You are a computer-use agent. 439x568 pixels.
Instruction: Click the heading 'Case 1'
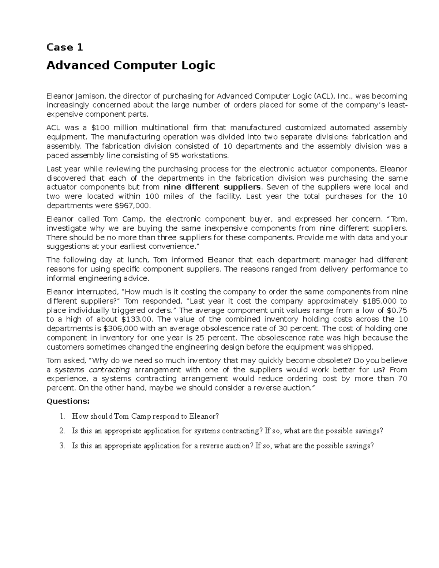65,47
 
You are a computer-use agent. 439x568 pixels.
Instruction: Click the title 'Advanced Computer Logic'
131,65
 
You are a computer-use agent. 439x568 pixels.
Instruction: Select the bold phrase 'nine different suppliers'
212,187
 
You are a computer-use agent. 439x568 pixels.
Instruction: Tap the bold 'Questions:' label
68,401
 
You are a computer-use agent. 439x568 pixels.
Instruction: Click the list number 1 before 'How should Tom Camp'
62,416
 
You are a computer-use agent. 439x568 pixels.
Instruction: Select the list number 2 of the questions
62,431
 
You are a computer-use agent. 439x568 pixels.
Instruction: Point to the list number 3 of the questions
62,446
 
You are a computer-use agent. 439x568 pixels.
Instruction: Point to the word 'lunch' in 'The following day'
136,260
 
